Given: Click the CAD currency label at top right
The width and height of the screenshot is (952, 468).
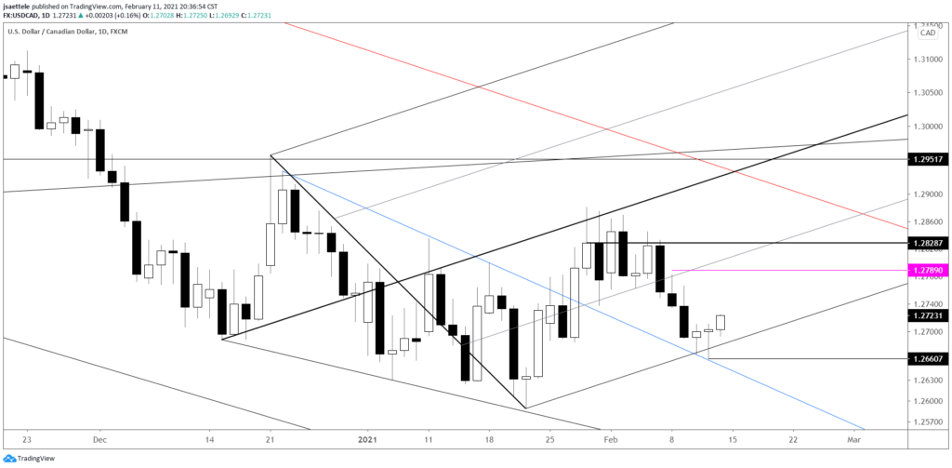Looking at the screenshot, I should (927, 33).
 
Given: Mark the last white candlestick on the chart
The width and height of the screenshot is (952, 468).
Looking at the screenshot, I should (721, 322).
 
